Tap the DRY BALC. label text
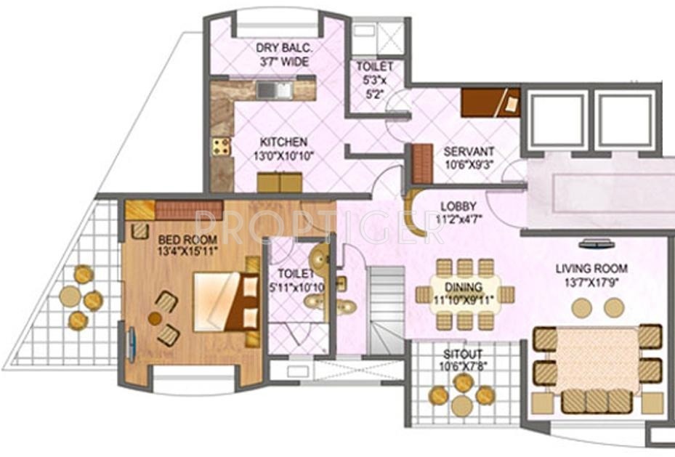pyautogui.click(x=283, y=48)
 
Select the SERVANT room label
pyautogui.click(x=469, y=151)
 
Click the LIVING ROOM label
pyautogui.click(x=591, y=268)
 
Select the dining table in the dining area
pyautogui.click(x=465, y=294)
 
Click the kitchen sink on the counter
pyautogui.click(x=274, y=90)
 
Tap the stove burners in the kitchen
pyautogui.click(x=221, y=146)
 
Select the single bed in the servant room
pyautogui.click(x=490, y=102)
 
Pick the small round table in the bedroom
pyautogui.click(x=155, y=318)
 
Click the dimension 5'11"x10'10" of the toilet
pyautogui.click(x=296, y=287)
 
